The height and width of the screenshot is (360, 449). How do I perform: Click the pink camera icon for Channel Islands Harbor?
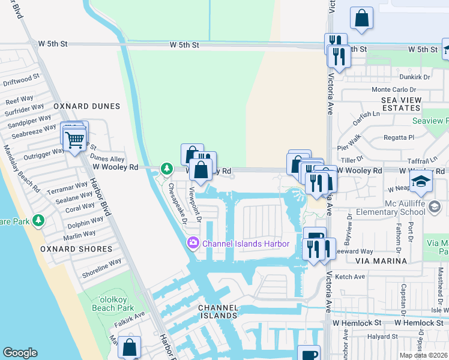[x=193, y=243]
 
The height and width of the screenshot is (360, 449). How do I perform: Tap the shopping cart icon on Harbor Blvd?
[x=74, y=140]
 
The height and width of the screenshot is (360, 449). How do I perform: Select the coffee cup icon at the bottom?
[x=310, y=354]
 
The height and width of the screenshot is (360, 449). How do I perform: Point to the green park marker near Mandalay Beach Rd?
[x=39, y=220]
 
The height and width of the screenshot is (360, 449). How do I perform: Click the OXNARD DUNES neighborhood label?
[x=86, y=106]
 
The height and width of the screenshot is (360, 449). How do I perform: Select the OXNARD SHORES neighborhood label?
[x=76, y=248]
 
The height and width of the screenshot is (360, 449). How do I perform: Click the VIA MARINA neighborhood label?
[x=380, y=261]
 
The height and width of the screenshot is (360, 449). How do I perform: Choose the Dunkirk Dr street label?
[x=415, y=77]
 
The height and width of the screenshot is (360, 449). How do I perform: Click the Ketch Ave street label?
[x=351, y=277]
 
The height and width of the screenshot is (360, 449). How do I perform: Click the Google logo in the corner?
[x=20, y=353]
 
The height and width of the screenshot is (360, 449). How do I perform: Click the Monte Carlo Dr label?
[x=394, y=89]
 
